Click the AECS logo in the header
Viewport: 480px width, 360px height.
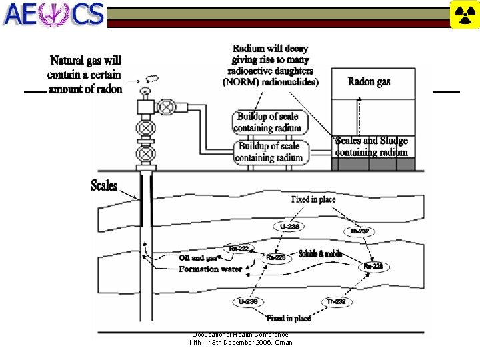click(53, 14)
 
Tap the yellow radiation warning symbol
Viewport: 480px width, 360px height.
click(465, 15)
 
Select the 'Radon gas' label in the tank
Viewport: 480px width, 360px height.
click(369, 82)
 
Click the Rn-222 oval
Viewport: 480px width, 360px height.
click(238, 249)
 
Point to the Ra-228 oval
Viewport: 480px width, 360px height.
click(373, 266)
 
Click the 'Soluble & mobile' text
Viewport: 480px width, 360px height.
click(321, 254)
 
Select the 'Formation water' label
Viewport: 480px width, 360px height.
click(210, 269)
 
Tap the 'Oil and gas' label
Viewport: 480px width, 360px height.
click(198, 258)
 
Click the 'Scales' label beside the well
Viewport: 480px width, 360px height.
click(104, 185)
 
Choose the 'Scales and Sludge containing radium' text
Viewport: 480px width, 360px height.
click(371, 146)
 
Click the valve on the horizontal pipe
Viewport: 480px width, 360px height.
click(167, 106)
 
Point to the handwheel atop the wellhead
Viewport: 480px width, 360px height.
click(145, 89)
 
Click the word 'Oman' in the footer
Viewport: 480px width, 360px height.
click(283, 343)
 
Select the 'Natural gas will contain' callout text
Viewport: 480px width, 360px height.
click(85, 74)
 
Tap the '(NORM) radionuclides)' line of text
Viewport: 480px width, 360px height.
click(271, 82)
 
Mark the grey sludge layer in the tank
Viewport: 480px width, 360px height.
click(374, 164)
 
